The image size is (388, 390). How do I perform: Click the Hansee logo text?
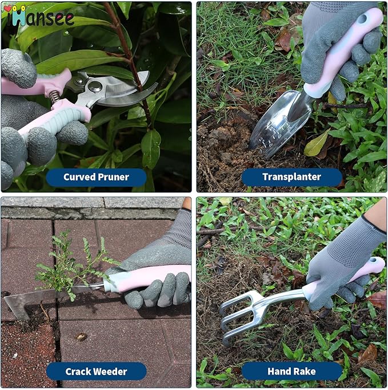tap(43, 17)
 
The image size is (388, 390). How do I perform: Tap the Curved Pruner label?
tap(96, 177)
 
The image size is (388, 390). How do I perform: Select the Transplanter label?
tap(291, 177)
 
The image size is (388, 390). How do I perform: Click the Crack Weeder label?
tap(96, 371)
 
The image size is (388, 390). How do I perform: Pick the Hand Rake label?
tap(291, 371)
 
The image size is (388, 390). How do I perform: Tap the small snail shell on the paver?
tap(81, 336)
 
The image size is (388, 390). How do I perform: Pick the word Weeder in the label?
tap(111, 371)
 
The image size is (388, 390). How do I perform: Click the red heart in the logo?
tap(7, 10)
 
